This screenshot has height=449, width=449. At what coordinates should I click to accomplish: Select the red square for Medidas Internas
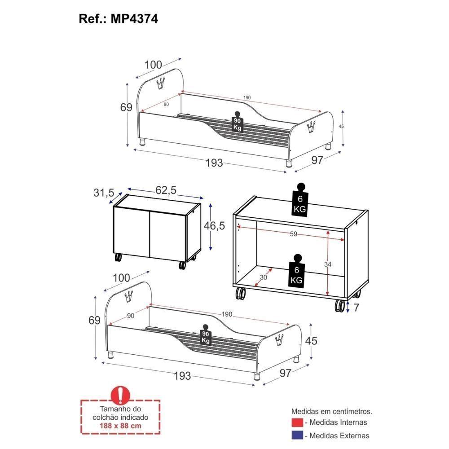click(x=297, y=423)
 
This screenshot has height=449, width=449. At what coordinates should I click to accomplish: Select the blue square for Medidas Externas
click(x=297, y=436)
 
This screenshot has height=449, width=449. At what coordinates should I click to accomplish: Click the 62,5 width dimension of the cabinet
click(x=166, y=190)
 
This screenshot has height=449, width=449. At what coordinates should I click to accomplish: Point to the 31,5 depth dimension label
click(x=104, y=193)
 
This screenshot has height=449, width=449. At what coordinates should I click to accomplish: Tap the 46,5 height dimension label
click(x=214, y=225)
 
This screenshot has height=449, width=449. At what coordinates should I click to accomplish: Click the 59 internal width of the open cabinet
click(x=293, y=234)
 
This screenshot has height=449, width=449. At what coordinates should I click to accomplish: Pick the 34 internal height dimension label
click(x=328, y=265)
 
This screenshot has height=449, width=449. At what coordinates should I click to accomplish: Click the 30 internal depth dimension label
click(x=263, y=277)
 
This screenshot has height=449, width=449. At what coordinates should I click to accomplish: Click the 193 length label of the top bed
click(x=215, y=163)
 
